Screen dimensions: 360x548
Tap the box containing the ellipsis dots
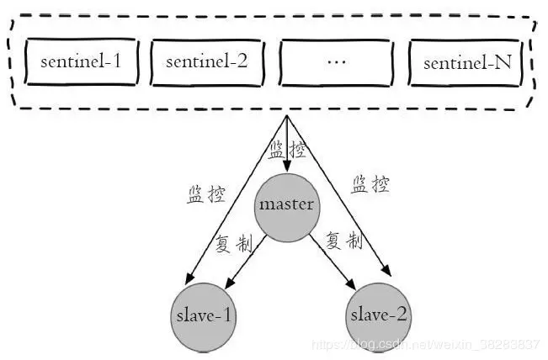pos(334,62)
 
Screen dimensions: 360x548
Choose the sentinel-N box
pos(466,62)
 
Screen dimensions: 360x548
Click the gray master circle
pos(286,205)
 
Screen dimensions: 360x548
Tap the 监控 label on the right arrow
pos(370,184)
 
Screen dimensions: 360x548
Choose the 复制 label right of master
pos(344,241)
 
